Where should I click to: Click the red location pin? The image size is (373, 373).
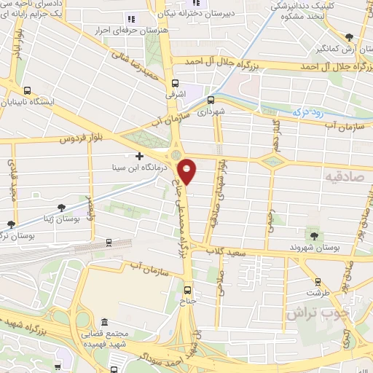pyautogui.click(x=188, y=170)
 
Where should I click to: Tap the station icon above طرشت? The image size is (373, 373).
pyautogui.click(x=317, y=280)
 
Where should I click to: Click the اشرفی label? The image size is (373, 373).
pyautogui.click(x=176, y=95)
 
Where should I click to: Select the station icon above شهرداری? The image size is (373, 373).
pyautogui.click(x=211, y=101)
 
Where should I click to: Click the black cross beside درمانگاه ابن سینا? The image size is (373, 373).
pyautogui.click(x=140, y=155)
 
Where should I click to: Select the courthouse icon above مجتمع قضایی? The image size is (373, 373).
pyautogui.click(x=105, y=322)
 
